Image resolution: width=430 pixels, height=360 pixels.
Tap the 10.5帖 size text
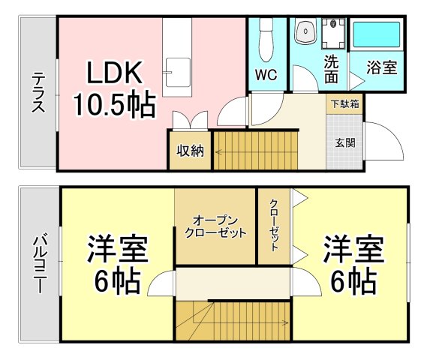tap(113, 104)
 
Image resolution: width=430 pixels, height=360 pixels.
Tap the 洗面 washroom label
tap(332, 68)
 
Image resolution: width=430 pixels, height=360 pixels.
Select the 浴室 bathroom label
tap(382, 67)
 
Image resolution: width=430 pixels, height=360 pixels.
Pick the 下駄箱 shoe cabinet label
tap(344, 103)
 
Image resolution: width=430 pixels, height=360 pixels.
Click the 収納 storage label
tap(191, 150)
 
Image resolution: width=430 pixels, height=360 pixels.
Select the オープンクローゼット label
tap(215, 226)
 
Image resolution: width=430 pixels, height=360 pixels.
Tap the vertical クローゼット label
tap(275, 226)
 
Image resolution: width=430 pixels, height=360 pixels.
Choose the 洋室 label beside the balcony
tap(117, 247)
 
